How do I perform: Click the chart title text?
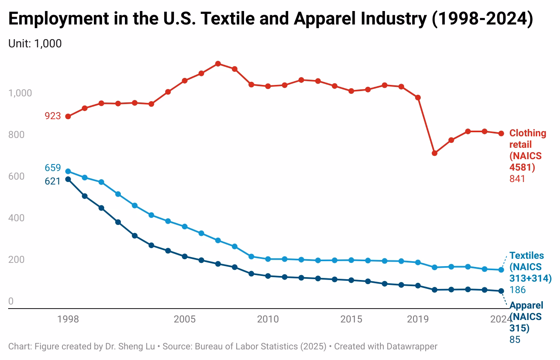point(270,19)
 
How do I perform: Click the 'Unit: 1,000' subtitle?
point(35,43)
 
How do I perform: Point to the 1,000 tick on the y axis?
point(20,93)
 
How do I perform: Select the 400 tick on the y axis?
point(16,218)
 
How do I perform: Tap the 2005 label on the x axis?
point(184,319)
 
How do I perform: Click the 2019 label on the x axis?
point(418,319)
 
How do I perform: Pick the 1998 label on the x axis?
point(68,319)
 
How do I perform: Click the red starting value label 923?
point(53,116)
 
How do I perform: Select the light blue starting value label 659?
point(53,168)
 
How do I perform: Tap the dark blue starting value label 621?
point(53,181)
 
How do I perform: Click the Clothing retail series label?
point(527,150)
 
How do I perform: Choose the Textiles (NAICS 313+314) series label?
point(530,267)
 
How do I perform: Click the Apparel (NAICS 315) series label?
point(526,317)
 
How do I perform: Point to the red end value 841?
point(517,179)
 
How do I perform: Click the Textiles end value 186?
point(517,290)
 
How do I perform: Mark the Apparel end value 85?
point(515,340)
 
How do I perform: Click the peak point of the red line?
point(218,64)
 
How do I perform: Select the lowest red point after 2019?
point(435,153)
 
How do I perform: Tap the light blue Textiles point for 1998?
point(68,171)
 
